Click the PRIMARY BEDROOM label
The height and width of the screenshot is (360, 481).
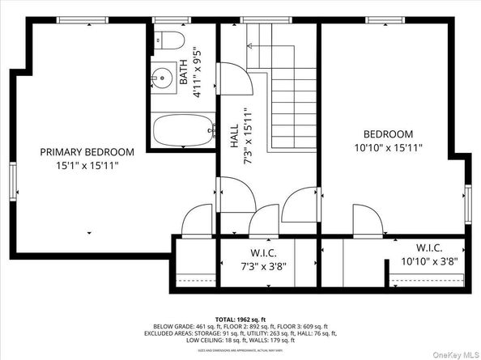click(87, 151)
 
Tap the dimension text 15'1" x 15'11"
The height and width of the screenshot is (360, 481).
click(87, 165)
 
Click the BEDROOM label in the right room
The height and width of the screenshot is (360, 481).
click(388, 133)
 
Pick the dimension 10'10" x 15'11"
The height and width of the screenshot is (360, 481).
click(388, 147)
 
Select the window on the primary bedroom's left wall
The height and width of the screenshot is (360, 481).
click(12, 179)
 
